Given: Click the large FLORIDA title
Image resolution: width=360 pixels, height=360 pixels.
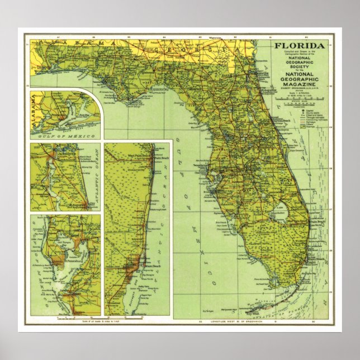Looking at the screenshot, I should [299, 46].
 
